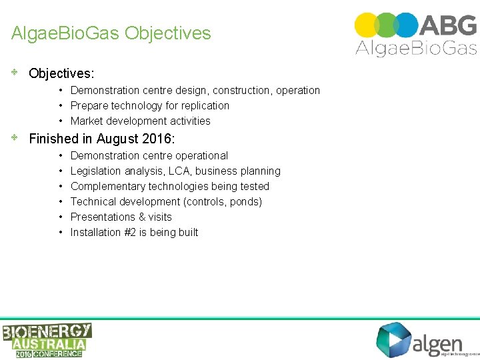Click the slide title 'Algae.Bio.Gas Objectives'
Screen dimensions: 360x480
[111, 33]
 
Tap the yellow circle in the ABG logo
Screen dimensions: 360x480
[366, 25]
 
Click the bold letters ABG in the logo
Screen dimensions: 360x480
[449, 25]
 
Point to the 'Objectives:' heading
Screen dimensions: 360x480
[61, 73]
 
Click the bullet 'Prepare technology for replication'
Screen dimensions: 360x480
[149, 105]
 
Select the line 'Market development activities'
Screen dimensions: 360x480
[140, 121]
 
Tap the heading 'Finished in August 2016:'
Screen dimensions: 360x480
[102, 139]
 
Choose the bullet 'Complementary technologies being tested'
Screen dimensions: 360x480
[169, 186]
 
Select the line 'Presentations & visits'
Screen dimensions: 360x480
[121, 217]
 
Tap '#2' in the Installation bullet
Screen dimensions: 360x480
[131, 232]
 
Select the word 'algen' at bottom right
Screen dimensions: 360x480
[437, 343]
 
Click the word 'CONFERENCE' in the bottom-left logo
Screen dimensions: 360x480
[56, 353]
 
